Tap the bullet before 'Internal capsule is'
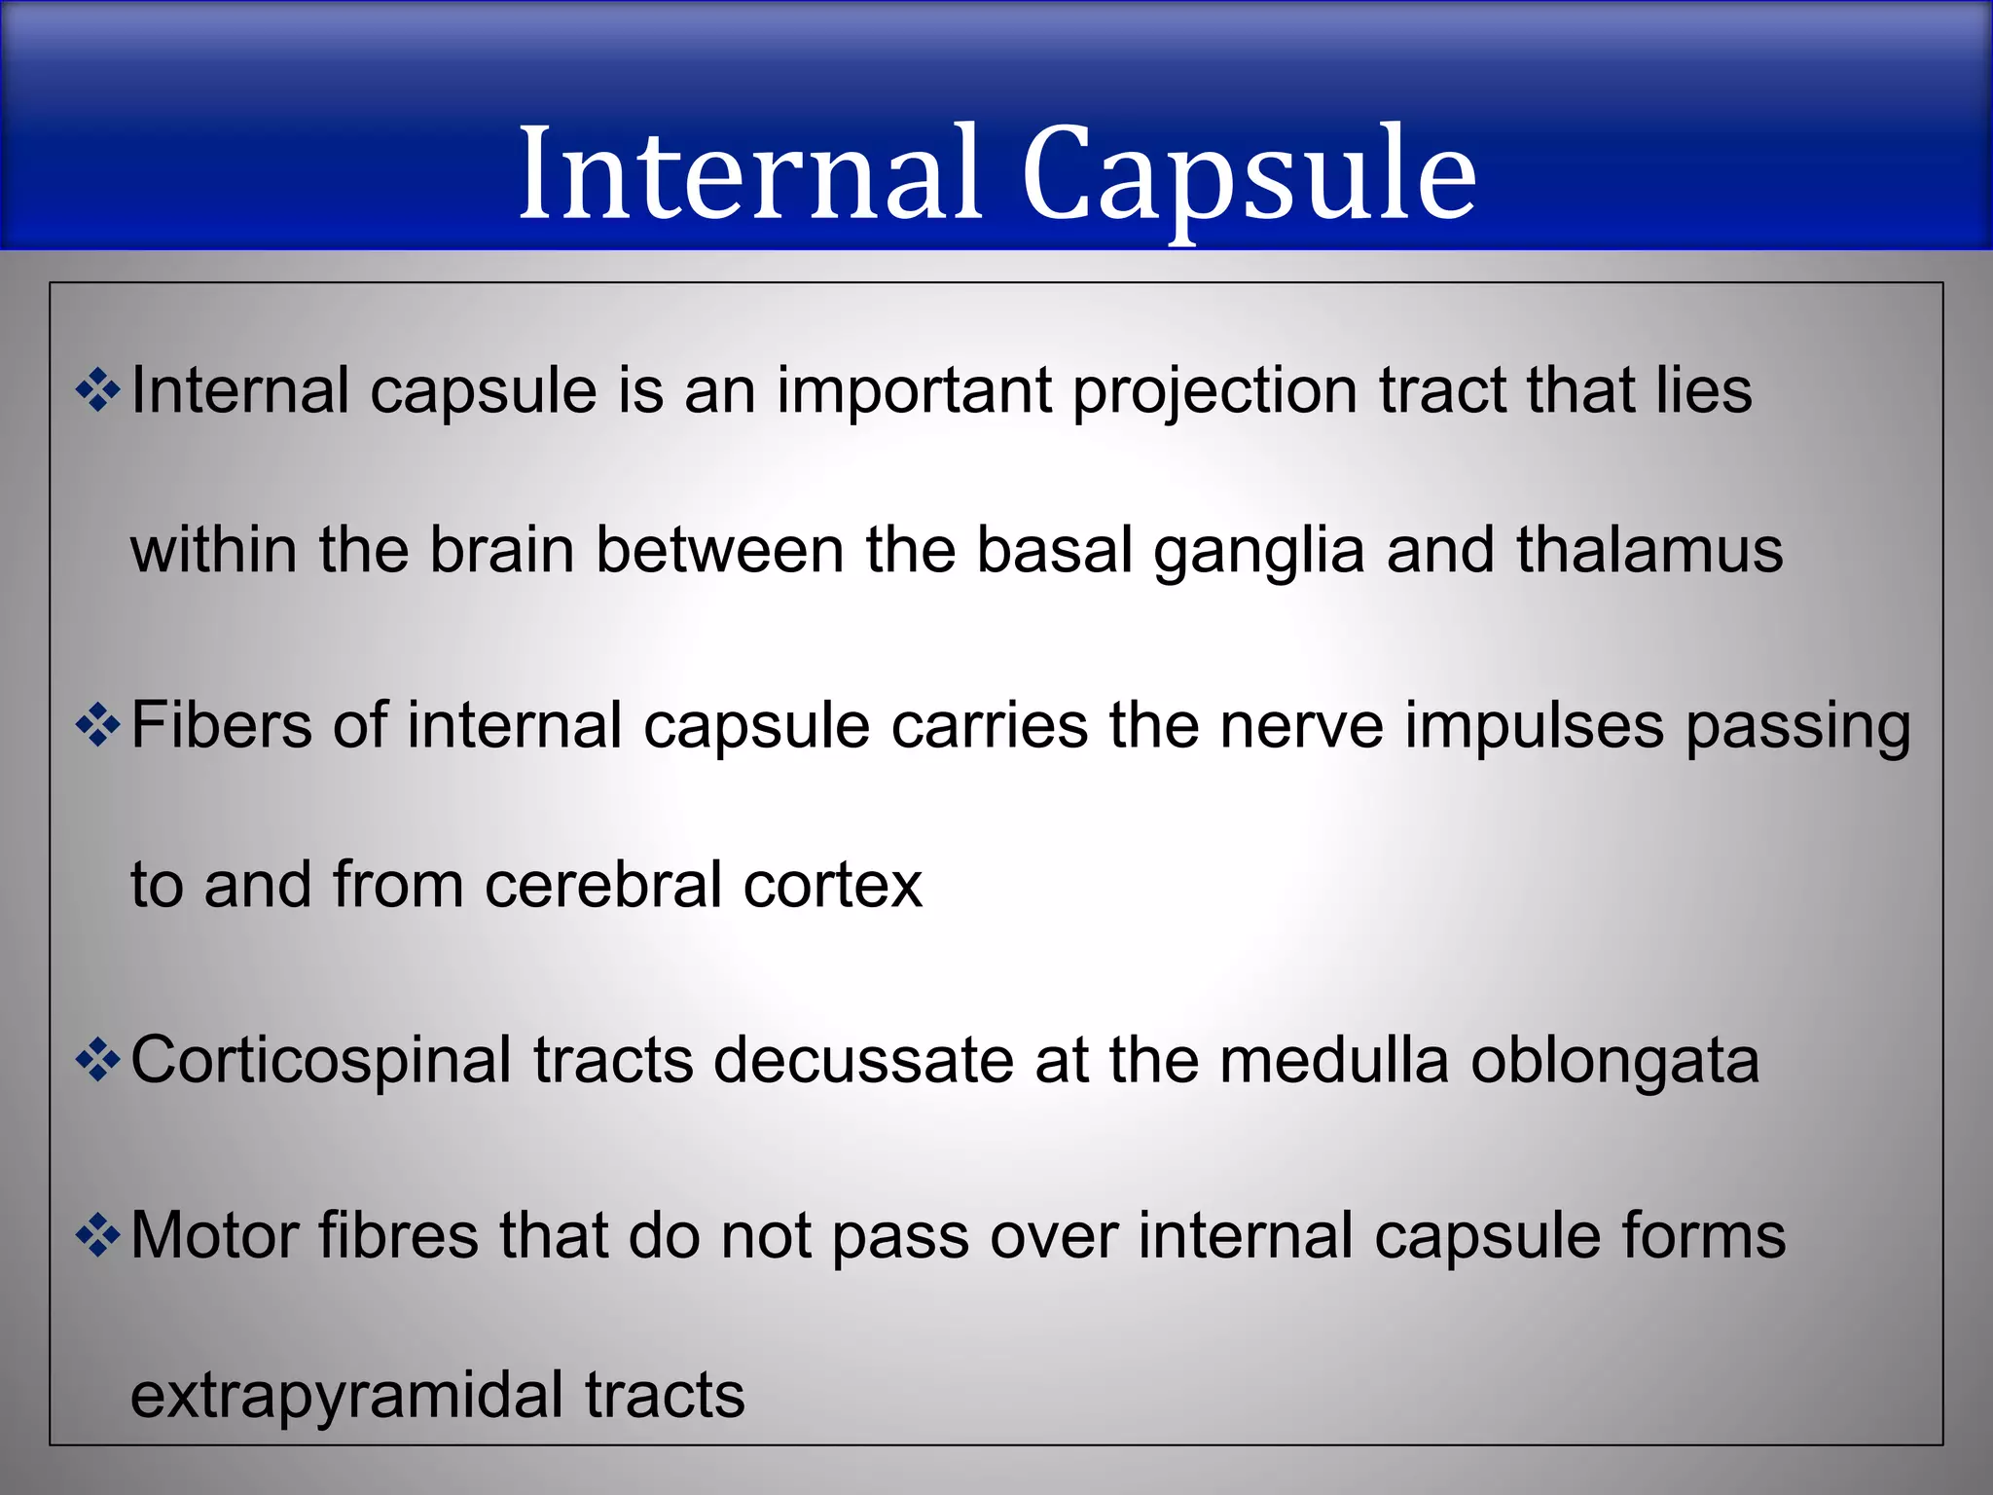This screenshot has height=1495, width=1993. (x=97, y=391)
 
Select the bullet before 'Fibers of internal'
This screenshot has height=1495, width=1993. (x=97, y=726)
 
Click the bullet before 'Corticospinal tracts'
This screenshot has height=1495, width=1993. (x=97, y=1061)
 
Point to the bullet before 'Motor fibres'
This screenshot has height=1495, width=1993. (x=97, y=1237)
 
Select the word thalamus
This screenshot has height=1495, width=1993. (x=1649, y=550)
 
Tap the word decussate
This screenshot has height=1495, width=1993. (x=863, y=1061)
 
